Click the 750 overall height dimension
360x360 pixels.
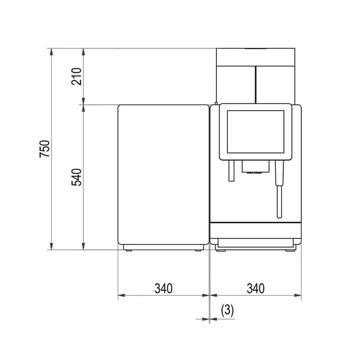(44, 149)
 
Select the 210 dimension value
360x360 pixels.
(77, 77)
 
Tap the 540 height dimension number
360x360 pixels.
(77, 177)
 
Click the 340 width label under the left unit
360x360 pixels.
(164, 288)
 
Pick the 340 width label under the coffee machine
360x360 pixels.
(255, 288)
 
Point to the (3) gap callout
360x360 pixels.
(227, 311)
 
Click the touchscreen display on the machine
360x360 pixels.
(255, 131)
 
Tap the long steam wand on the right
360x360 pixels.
(279, 189)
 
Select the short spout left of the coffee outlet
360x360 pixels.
(231, 171)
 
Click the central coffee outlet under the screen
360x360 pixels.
(255, 167)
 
